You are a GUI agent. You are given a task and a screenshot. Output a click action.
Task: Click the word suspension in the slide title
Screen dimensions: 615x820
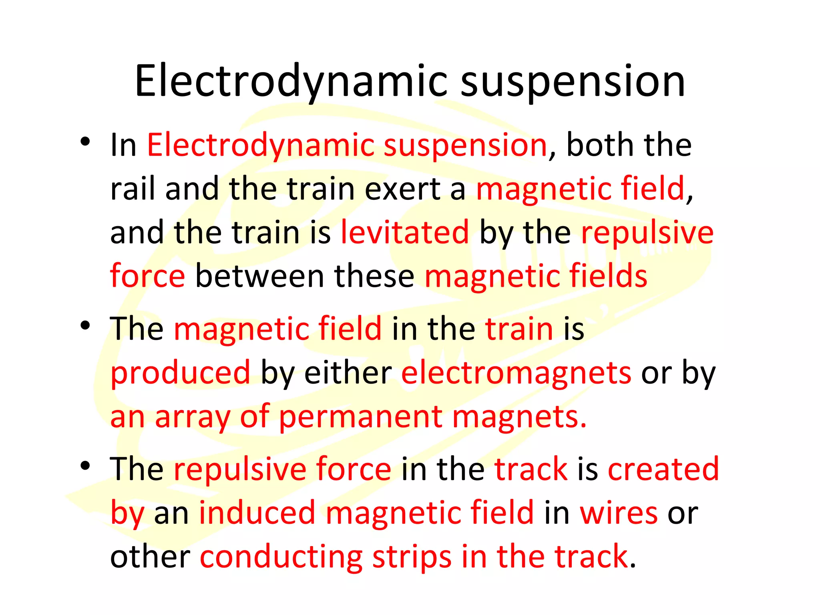coord(573,82)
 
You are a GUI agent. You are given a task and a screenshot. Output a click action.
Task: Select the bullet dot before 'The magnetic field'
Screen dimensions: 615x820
coord(85,325)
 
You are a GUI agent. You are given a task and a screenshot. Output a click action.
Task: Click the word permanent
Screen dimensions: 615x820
coord(360,417)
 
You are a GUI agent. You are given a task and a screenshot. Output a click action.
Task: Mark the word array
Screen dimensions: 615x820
coord(192,417)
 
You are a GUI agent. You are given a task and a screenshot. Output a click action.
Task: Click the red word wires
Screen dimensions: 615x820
coord(619,513)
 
